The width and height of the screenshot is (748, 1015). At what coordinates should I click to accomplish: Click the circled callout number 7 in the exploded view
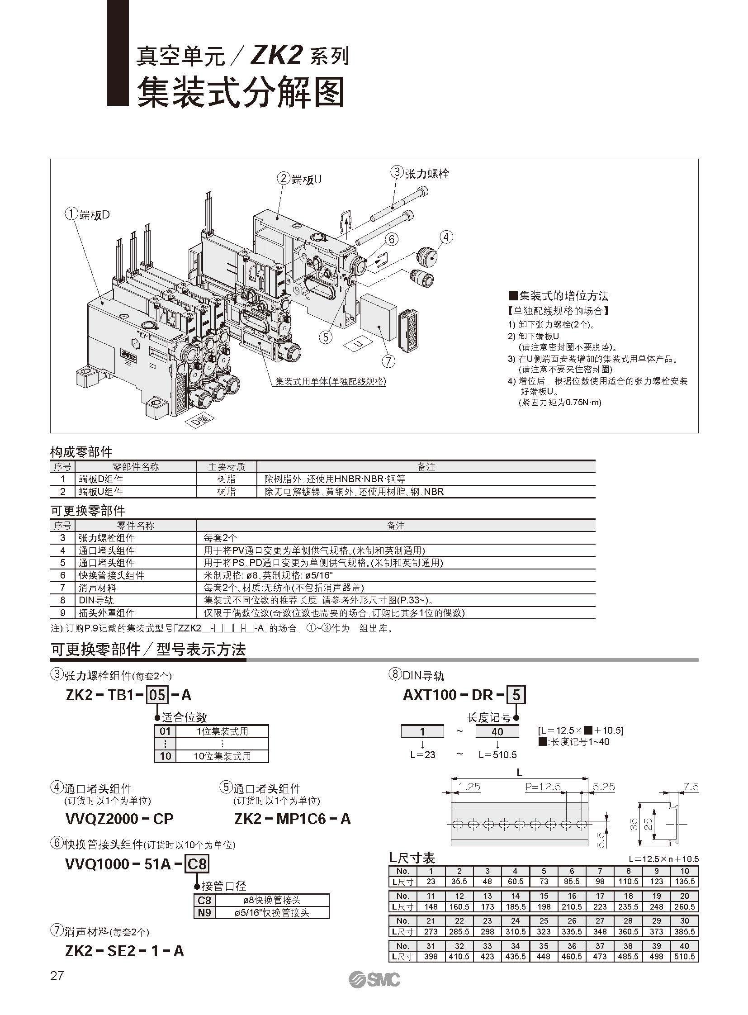(x=388, y=361)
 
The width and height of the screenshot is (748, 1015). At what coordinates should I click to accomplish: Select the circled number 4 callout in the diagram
(x=446, y=237)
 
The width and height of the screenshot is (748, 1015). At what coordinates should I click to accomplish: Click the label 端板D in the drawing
(x=94, y=215)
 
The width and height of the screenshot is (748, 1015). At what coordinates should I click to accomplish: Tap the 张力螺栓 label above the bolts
(x=426, y=173)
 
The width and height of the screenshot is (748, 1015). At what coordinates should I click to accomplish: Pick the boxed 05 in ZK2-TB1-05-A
(x=157, y=695)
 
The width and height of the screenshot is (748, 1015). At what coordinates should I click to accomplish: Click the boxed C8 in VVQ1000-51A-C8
(x=197, y=865)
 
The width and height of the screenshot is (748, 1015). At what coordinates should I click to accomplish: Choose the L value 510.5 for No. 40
(x=684, y=956)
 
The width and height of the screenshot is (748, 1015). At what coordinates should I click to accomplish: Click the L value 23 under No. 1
(x=431, y=882)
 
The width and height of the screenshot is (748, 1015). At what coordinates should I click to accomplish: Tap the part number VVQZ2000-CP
(x=119, y=819)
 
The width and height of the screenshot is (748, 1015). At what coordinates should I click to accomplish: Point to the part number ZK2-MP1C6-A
(x=293, y=819)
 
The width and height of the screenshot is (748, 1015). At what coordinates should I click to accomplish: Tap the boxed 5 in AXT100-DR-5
(x=516, y=695)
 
